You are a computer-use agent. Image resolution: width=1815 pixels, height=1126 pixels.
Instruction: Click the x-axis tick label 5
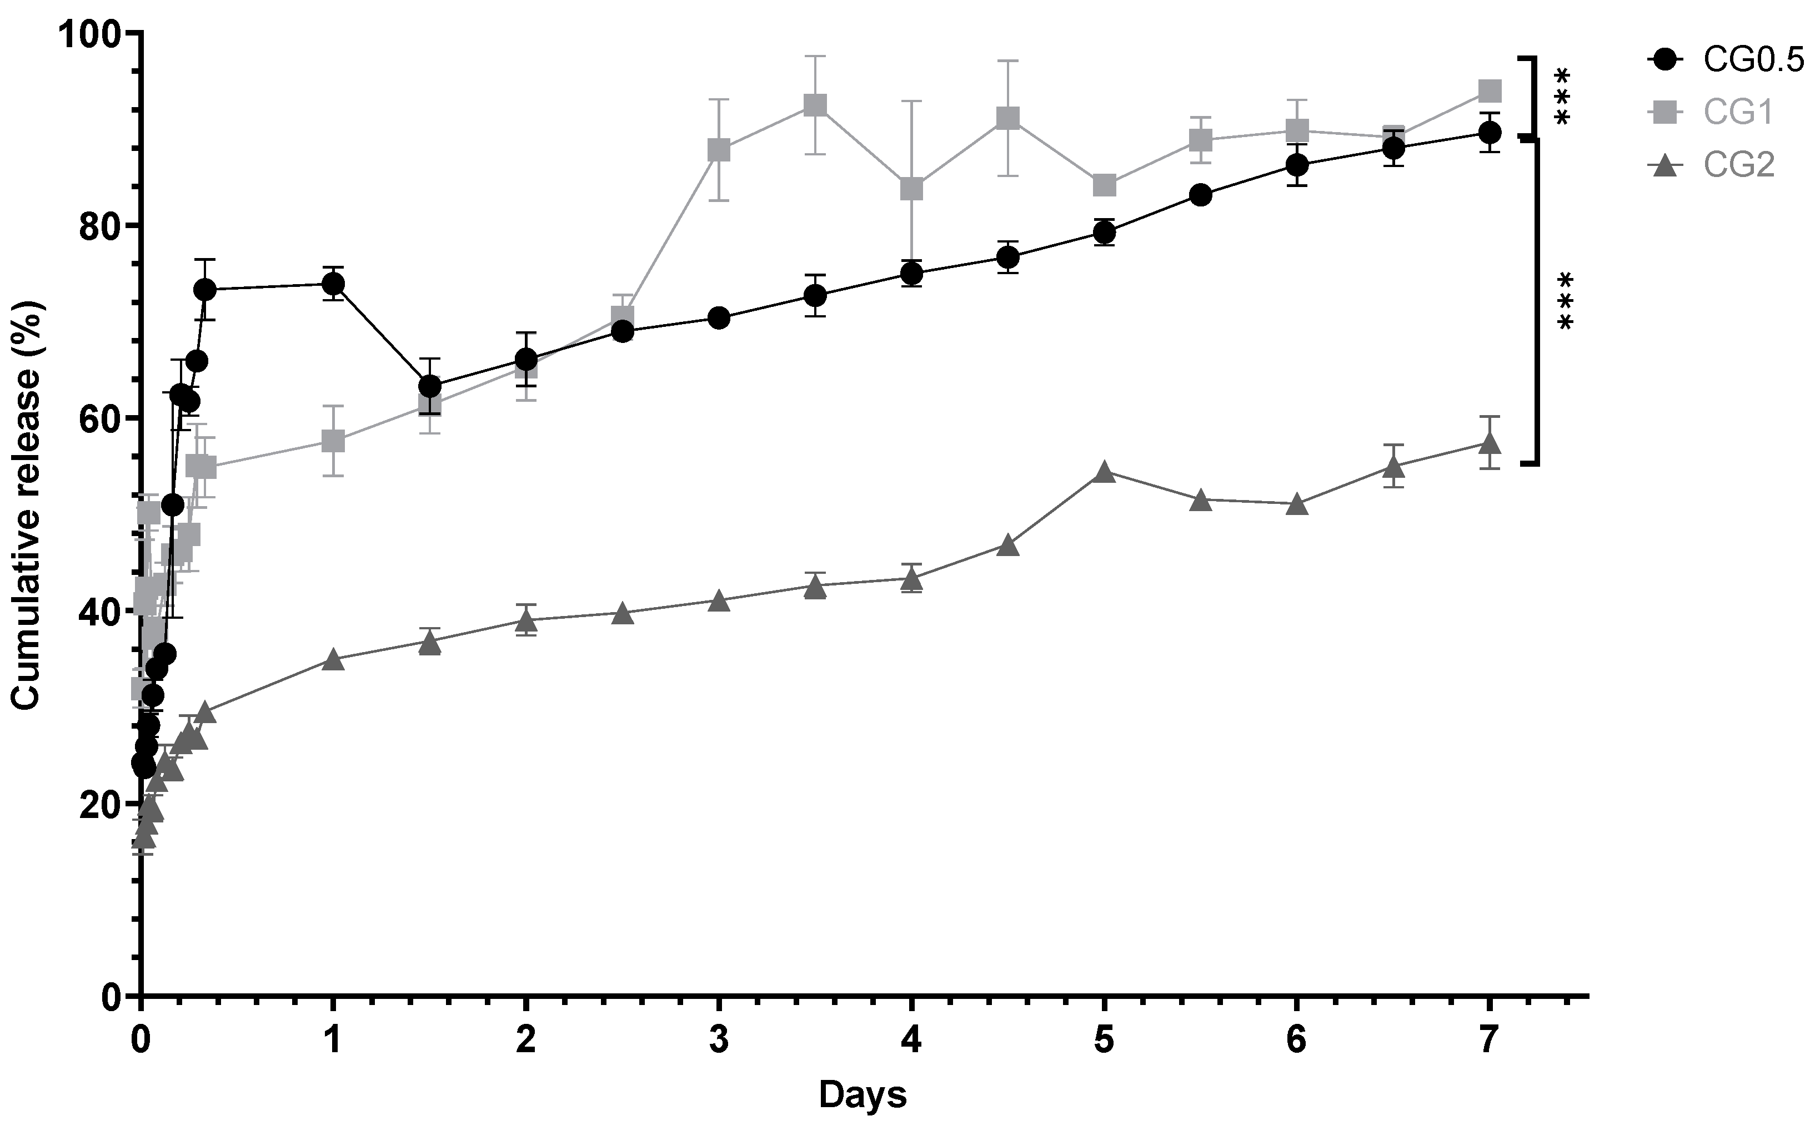[1104, 1041]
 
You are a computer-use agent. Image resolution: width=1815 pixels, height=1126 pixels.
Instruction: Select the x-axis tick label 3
[719, 1041]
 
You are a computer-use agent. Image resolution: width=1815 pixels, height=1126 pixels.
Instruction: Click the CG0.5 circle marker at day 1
[333, 283]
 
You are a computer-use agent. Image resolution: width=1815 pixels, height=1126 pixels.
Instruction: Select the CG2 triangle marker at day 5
[1104, 472]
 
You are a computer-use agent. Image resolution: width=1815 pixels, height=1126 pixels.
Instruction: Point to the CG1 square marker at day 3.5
[815, 105]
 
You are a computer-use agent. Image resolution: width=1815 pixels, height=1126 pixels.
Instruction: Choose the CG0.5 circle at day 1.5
[430, 386]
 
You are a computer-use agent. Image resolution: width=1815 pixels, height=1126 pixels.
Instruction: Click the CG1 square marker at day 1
[333, 441]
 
